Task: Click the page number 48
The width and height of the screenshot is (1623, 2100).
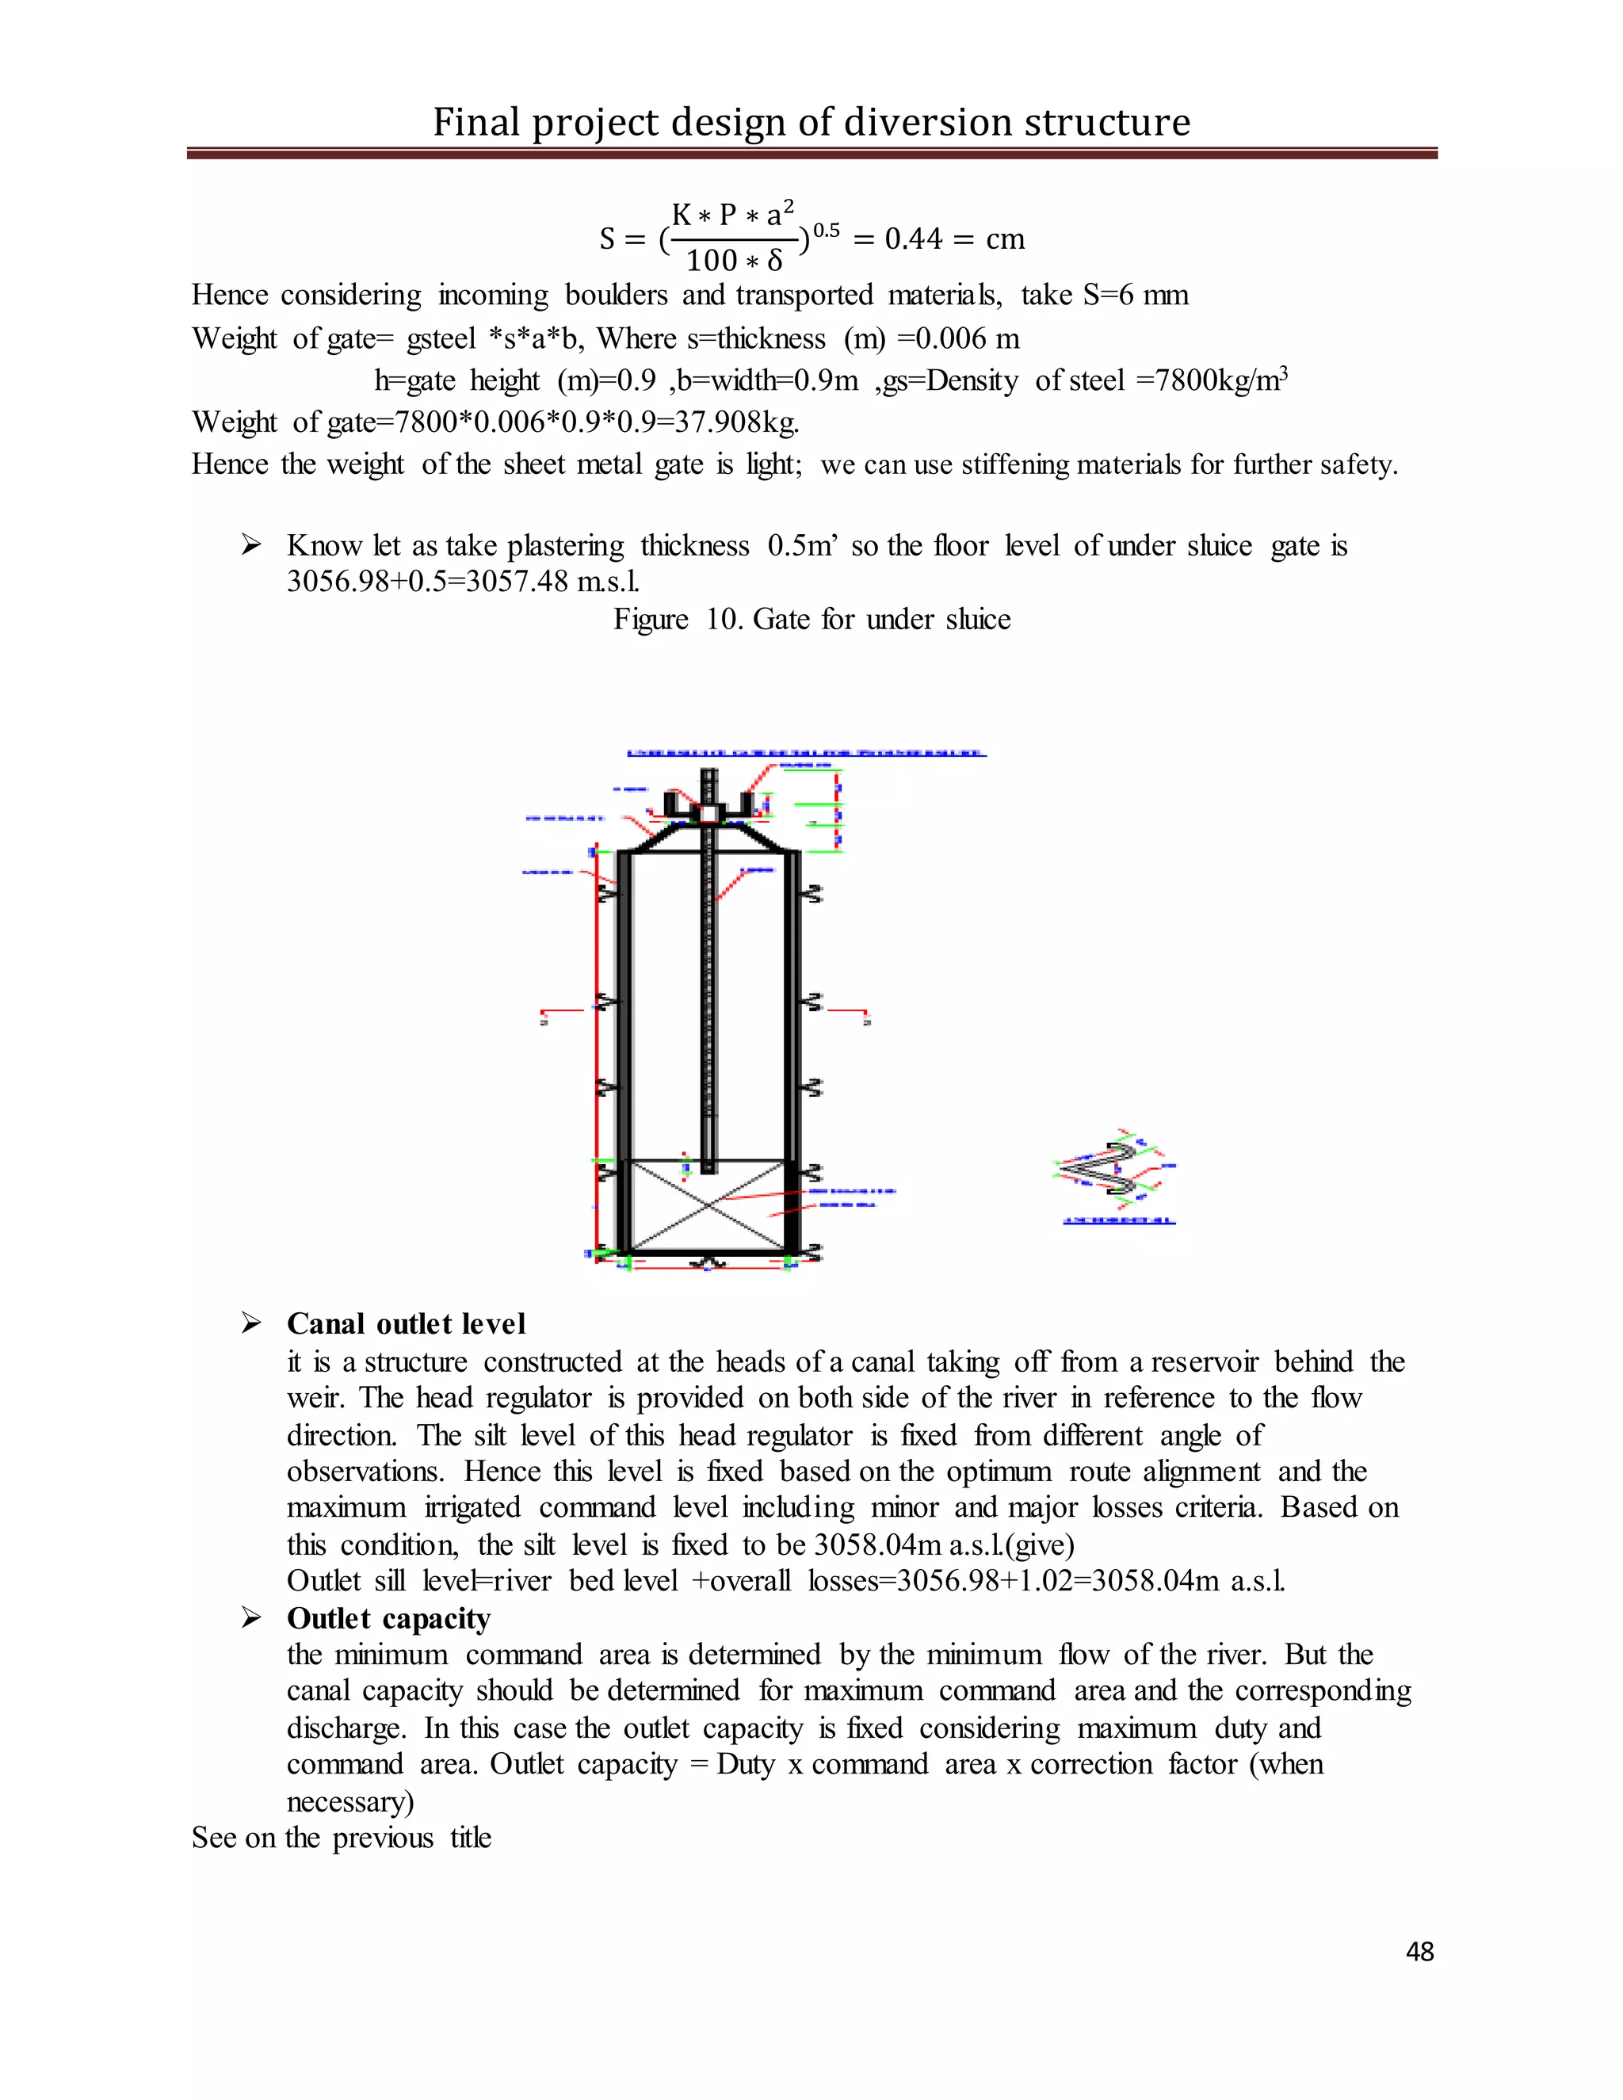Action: coord(1419,1951)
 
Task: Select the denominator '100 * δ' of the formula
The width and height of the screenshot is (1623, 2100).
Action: coord(734,261)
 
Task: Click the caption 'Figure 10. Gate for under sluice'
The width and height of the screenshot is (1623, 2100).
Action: coord(811,619)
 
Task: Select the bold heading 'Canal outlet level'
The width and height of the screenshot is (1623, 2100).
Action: coord(406,1324)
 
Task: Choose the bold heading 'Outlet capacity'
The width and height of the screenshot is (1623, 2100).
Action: coord(388,1618)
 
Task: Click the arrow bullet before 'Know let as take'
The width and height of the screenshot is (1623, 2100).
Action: coord(251,546)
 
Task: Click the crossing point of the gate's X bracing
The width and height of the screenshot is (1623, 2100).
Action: coord(708,1205)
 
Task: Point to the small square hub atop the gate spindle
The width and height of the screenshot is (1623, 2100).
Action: coord(708,815)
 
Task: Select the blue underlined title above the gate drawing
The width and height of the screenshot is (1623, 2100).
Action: coord(806,753)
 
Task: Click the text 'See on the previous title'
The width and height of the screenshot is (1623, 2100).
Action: coord(342,1838)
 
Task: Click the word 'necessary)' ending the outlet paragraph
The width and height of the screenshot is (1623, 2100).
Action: coord(350,1801)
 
